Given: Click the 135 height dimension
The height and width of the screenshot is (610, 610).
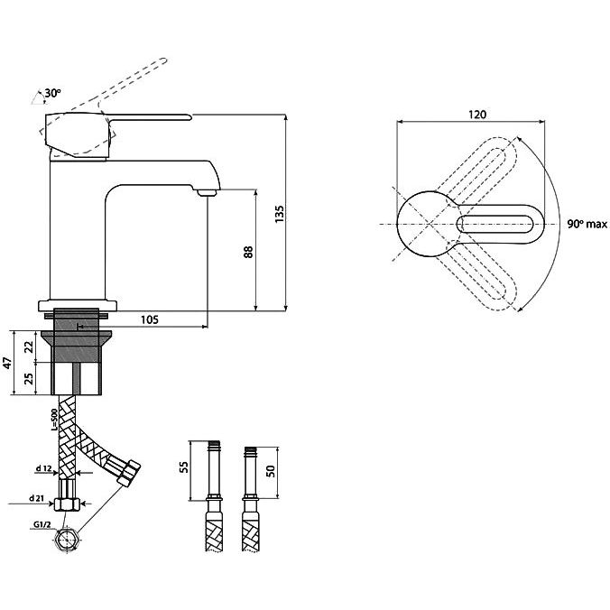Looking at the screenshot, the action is click(280, 214).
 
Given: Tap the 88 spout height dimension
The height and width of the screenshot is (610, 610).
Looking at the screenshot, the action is click(248, 252).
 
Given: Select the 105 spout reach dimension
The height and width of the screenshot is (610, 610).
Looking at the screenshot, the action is click(150, 319).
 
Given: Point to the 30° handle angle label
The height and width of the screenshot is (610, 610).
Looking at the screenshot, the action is click(52, 93).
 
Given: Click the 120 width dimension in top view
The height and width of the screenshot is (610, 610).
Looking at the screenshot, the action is click(477, 115).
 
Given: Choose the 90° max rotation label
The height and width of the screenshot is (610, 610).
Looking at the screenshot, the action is click(587, 224).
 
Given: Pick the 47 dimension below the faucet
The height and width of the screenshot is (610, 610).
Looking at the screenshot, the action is click(8, 363).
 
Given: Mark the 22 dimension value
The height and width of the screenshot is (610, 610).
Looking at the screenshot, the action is click(29, 347).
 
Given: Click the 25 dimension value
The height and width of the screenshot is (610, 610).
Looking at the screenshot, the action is click(29, 378).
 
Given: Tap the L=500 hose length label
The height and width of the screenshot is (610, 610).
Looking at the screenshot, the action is click(54, 420).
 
